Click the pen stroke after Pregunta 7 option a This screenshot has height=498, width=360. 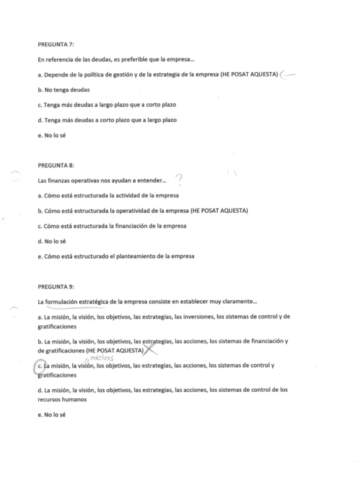click(x=288, y=75)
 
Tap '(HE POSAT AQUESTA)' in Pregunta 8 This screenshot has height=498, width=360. click(x=216, y=210)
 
